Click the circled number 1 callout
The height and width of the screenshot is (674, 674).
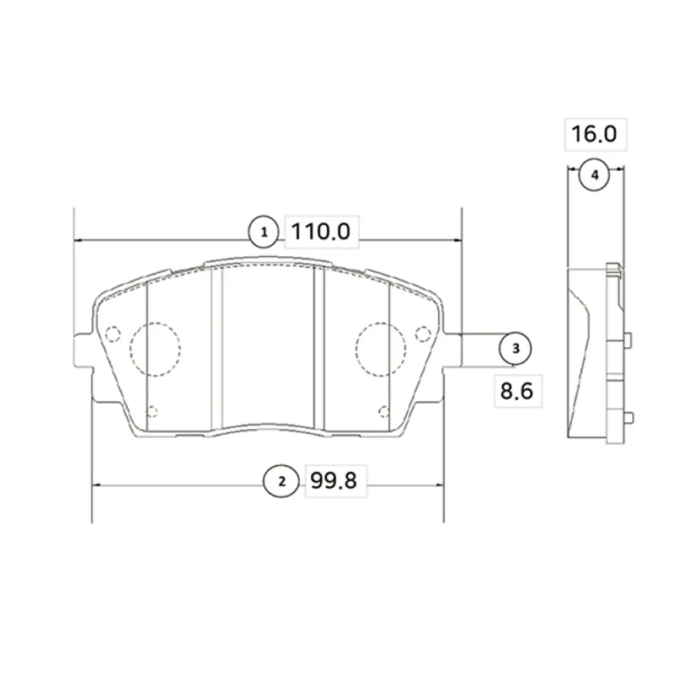[264, 233]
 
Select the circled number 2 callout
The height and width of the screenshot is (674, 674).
[281, 481]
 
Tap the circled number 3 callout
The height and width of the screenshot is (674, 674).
[516, 348]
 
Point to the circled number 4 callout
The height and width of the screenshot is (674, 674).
[595, 175]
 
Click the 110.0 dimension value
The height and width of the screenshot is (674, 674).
[321, 231]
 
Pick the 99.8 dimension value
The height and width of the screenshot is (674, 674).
[334, 480]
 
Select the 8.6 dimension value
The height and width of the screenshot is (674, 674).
[516, 391]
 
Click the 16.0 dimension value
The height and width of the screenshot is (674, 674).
[594, 134]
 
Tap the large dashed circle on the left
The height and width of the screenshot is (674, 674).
[131, 349]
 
